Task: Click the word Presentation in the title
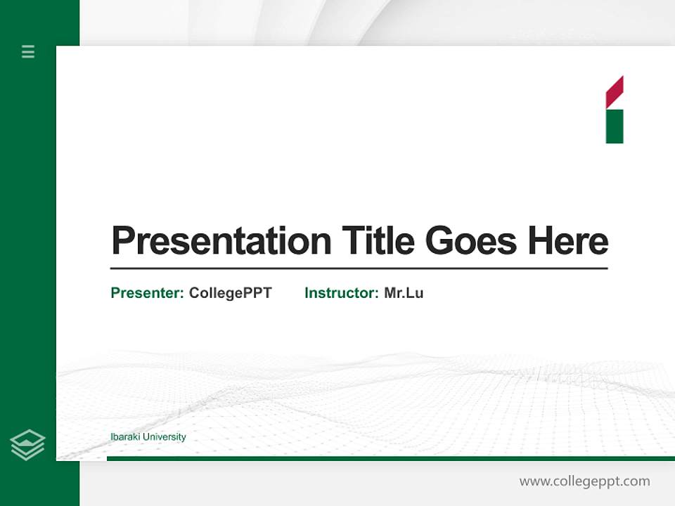[x=221, y=241]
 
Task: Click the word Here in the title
[x=568, y=241]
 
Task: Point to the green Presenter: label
[x=147, y=293]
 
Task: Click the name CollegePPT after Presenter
[x=230, y=293]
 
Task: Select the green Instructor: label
[x=341, y=293]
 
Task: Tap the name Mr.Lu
[x=404, y=293]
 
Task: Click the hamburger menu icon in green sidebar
[x=28, y=51]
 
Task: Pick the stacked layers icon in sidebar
[x=27, y=445]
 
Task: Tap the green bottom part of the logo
[x=615, y=126]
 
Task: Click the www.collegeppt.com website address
[x=584, y=481]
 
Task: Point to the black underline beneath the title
[x=359, y=268]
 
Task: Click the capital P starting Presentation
[x=124, y=241]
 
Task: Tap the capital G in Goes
[x=440, y=241]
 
